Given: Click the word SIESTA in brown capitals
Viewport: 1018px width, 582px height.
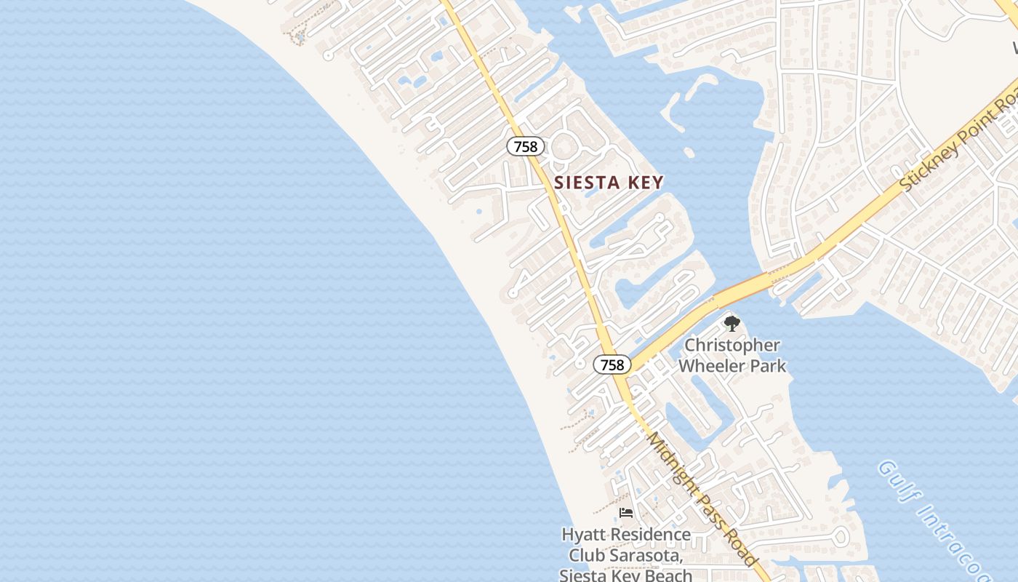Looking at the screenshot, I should (587, 183).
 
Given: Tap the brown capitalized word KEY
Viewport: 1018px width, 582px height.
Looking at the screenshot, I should (644, 183).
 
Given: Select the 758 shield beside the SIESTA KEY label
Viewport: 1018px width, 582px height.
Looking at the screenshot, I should (525, 146).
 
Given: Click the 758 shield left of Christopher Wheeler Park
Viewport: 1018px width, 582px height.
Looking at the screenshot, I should (612, 364).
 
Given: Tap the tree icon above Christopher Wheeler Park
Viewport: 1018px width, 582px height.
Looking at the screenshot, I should (732, 323).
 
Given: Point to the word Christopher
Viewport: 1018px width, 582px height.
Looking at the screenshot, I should (732, 345).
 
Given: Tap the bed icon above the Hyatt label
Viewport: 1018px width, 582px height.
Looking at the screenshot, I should (625, 513).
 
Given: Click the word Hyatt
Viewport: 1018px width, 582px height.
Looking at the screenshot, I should (583, 535).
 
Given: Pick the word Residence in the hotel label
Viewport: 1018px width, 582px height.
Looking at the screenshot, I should (650, 535).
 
